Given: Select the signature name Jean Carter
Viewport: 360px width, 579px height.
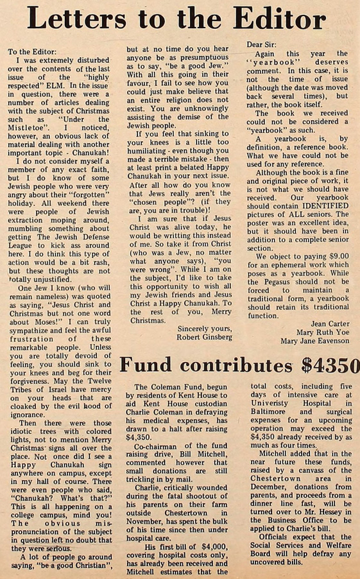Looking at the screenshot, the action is click(329, 324).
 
